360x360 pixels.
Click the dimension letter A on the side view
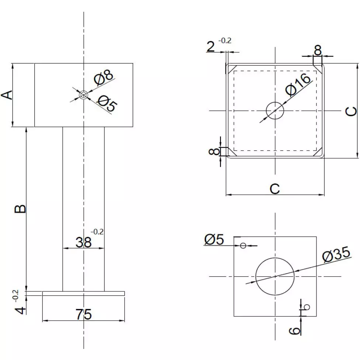pos(8,95)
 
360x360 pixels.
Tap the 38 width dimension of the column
pos(83,242)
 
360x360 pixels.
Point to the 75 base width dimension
pos(83,315)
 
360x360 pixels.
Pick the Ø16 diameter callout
pos(300,86)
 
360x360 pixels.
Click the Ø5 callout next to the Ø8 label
pos(107,104)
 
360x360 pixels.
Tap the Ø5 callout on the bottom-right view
pos(214,240)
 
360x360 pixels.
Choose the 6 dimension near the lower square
pos(295,330)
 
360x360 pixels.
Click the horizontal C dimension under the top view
pos(275,188)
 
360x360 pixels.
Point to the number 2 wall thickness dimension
pos(211,47)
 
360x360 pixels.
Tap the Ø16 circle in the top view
pos(275,111)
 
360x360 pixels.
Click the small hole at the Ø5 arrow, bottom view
pos(243,246)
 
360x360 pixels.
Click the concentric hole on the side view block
pos(84,95)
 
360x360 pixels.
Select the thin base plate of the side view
pos(83,293)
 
